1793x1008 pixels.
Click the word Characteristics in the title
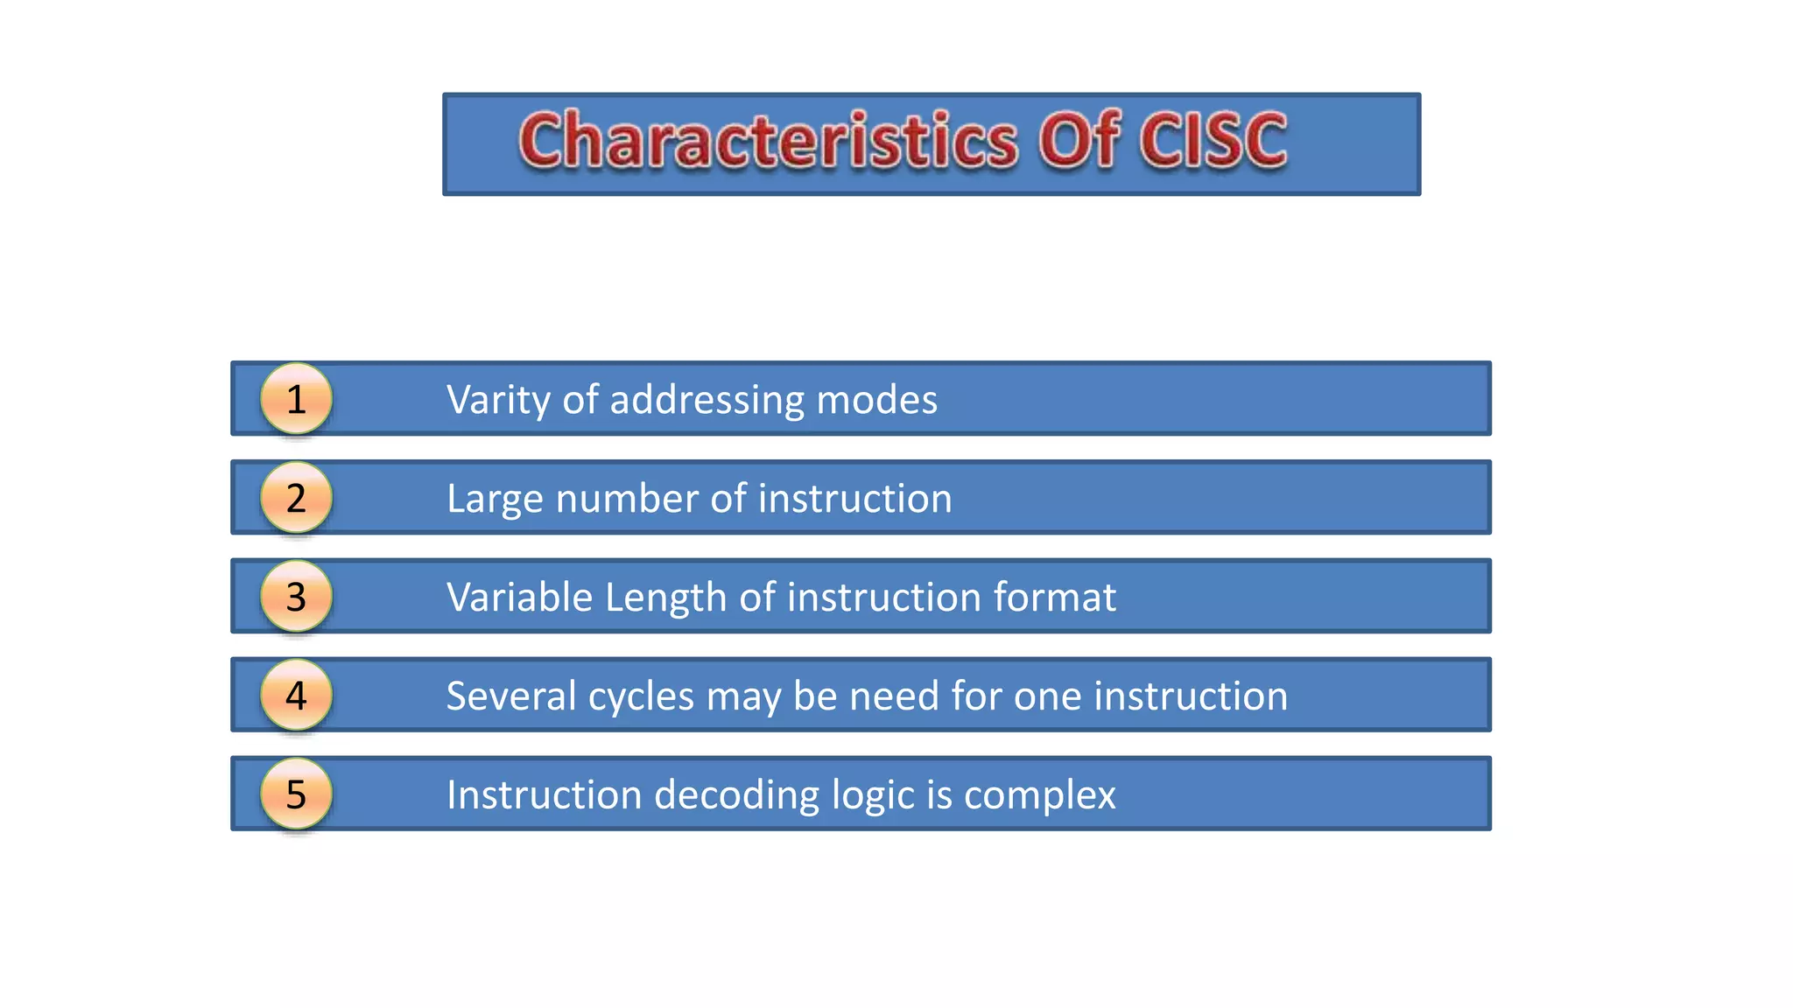(768, 140)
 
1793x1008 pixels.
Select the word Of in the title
(1079, 140)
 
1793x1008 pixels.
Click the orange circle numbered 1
(296, 399)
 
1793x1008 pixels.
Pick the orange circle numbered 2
(296, 498)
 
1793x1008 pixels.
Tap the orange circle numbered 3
(296, 597)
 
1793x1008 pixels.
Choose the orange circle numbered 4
(296, 696)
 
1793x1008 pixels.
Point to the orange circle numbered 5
(296, 794)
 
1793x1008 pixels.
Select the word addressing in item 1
(707, 401)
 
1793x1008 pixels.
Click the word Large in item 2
(496, 500)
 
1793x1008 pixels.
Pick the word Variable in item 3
(520, 598)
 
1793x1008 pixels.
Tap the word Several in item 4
(511, 696)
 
